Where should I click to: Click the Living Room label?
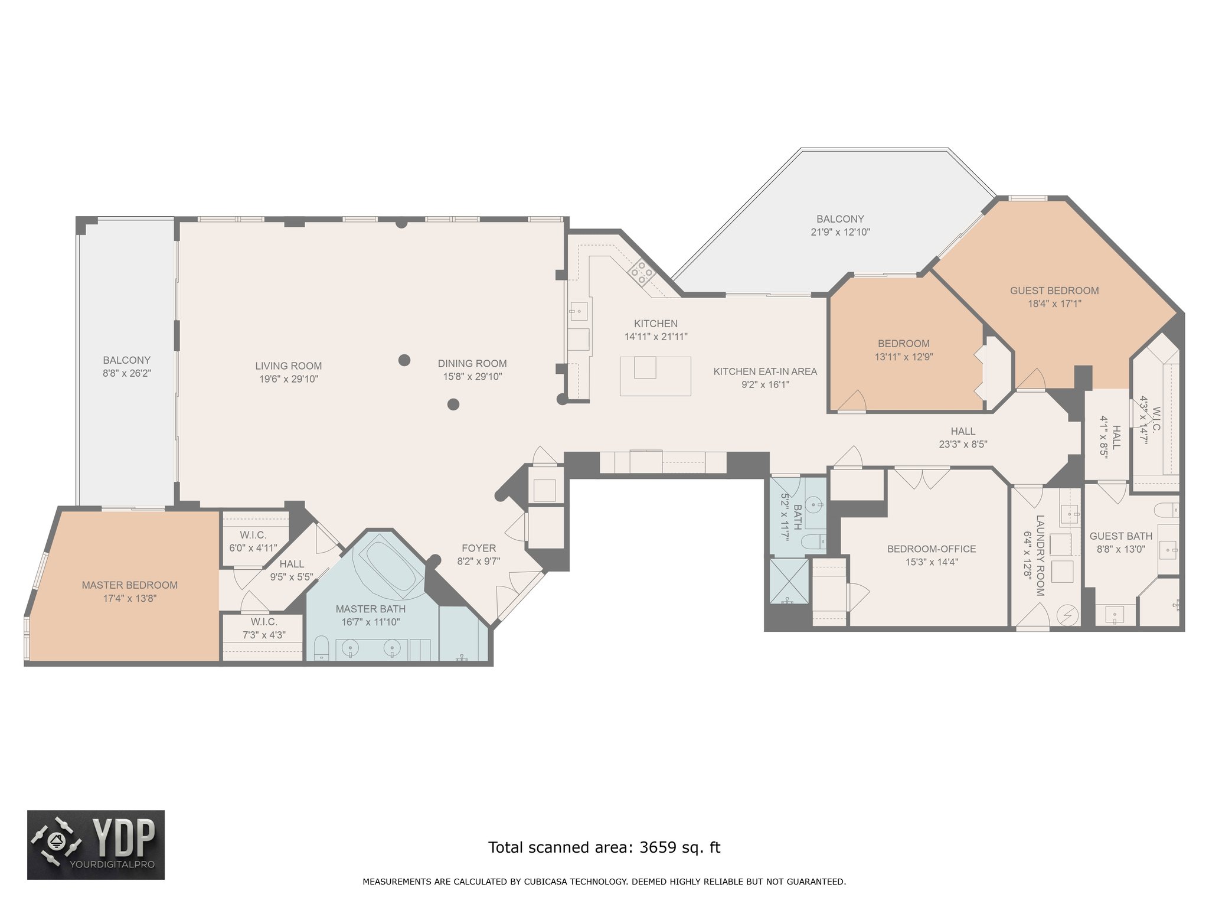click(x=289, y=366)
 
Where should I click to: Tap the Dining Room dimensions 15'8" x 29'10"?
click(x=472, y=377)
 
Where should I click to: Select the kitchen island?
click(x=655, y=376)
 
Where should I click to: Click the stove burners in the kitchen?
click(x=641, y=273)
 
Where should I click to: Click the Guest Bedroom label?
click(x=1054, y=291)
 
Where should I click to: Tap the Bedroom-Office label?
click(x=932, y=549)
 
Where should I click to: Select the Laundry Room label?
click(x=1040, y=555)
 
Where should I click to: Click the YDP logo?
click(x=96, y=845)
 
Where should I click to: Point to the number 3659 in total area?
click(x=658, y=847)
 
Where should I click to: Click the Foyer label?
click(x=479, y=549)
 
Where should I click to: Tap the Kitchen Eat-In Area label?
click(x=765, y=371)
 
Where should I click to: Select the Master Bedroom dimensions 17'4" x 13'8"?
click(x=130, y=598)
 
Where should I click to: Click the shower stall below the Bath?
click(x=789, y=581)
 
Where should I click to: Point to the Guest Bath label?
click(x=1121, y=536)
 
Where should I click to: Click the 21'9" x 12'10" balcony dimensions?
click(x=840, y=232)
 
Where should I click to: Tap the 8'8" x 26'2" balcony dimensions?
click(x=127, y=373)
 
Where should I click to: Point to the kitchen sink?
click(x=579, y=311)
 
